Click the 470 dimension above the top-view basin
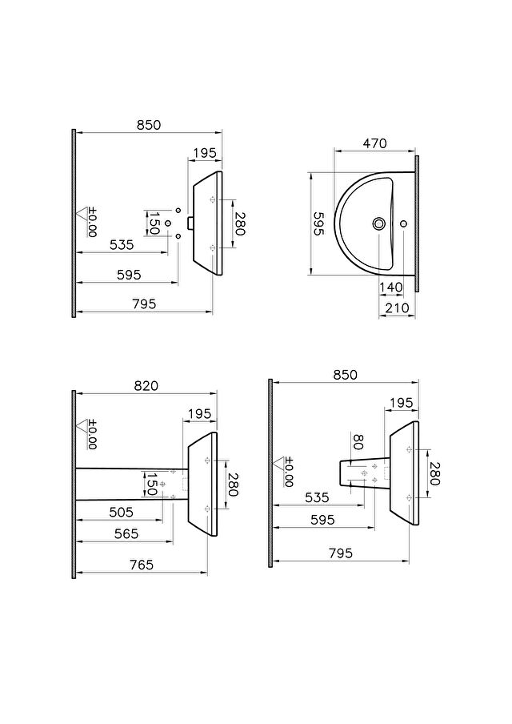coord(374,143)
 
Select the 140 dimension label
coord(391,288)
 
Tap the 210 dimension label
coord(397,308)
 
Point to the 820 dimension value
coord(146,385)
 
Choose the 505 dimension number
coord(122,512)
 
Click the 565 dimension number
coord(126,533)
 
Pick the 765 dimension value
coord(141,565)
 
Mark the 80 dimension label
coord(358,441)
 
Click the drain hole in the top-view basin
coord(378,224)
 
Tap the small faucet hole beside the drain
coord(404,224)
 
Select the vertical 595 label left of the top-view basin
coord(318,224)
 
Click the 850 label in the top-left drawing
coord(149,125)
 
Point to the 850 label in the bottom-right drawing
coord(345,375)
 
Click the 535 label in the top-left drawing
coord(122,244)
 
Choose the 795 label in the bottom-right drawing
coord(341,553)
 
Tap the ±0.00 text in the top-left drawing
coord(92,223)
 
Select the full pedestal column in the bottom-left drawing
coord(132,485)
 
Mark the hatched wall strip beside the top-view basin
coord(417,223)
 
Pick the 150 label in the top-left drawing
coord(154,223)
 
